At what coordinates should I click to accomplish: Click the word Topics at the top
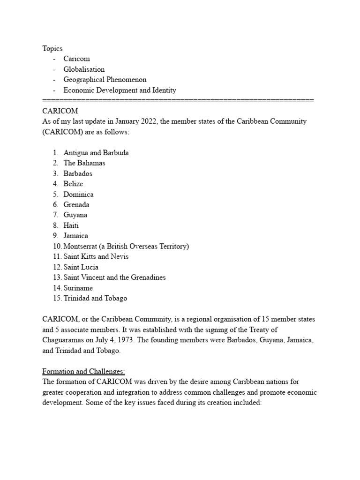click(52, 48)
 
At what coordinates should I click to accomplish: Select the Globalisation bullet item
click(84, 69)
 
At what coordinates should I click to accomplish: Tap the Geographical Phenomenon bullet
click(105, 80)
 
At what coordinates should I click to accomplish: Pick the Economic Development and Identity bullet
click(120, 90)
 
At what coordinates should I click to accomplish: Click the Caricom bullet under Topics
click(76, 59)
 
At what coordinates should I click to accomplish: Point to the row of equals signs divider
click(178, 100)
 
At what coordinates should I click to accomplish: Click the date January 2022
click(127, 121)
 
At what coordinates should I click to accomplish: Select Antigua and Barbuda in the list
click(96, 153)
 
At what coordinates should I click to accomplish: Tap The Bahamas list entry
click(84, 163)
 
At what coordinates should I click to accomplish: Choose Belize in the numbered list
click(73, 184)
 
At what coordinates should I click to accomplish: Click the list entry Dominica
click(78, 194)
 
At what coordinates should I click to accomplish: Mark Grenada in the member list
click(76, 204)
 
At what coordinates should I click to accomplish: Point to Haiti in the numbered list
click(71, 225)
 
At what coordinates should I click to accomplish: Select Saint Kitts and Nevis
click(96, 256)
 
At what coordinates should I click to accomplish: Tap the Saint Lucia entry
click(81, 267)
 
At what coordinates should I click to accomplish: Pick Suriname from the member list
click(78, 288)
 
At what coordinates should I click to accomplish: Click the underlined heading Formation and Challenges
click(83, 372)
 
